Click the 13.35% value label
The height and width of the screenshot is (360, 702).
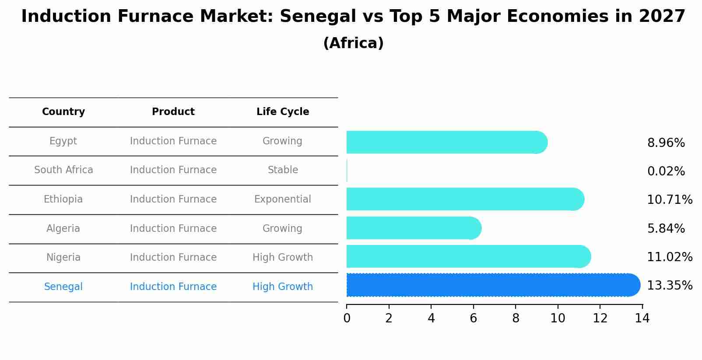[669, 286]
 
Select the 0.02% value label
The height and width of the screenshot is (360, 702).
[666, 171]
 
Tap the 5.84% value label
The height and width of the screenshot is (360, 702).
[666, 229]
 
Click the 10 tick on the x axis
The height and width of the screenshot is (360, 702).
[558, 318]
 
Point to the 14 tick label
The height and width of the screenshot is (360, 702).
[642, 318]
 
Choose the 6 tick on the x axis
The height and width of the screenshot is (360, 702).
[473, 318]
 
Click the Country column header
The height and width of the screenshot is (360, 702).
[63, 112]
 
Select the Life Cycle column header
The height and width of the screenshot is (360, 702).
[283, 112]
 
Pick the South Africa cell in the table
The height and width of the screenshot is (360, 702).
[63, 170]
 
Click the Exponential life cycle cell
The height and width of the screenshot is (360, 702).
[283, 199]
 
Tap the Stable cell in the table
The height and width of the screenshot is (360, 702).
[283, 170]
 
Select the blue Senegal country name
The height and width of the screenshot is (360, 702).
[63, 287]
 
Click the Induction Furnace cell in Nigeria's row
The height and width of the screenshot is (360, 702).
[173, 258]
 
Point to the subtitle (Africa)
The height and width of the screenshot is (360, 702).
[353, 43]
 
